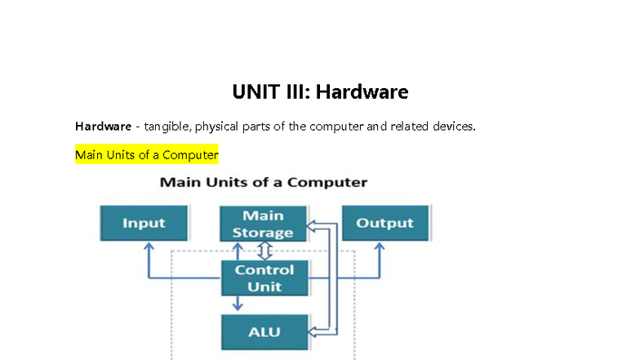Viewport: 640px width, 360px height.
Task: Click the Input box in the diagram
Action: (x=144, y=223)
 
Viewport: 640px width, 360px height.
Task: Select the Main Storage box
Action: (x=263, y=224)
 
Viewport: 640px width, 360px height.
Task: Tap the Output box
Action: (x=384, y=223)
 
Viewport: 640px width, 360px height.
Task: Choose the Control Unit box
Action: (x=264, y=278)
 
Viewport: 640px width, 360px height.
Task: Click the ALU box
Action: (x=264, y=332)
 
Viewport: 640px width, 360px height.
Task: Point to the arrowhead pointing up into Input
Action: (x=149, y=247)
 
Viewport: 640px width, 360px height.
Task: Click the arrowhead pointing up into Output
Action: (x=380, y=247)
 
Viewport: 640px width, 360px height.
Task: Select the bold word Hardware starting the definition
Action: (x=103, y=127)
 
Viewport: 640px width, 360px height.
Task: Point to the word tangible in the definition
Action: (x=167, y=127)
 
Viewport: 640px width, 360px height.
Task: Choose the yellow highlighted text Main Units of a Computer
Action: (x=147, y=154)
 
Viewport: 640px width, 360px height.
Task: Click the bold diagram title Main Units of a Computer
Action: (x=264, y=182)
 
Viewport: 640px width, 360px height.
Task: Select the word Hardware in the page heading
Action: (x=362, y=91)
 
